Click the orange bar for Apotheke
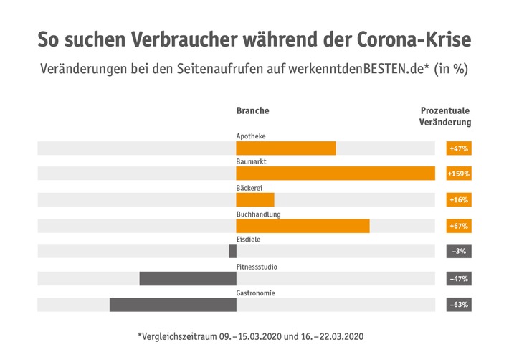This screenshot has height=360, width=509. click(286, 148)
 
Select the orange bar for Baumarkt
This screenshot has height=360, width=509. click(336, 174)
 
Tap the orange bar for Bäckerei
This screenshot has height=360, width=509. click(255, 199)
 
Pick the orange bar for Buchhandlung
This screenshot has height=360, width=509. click(303, 226)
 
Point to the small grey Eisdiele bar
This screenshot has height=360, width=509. click(232, 252)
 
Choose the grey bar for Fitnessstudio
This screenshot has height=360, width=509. click(188, 278)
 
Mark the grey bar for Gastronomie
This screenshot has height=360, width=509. click(173, 305)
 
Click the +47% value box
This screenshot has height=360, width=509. click(459, 148)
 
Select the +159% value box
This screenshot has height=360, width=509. click(459, 174)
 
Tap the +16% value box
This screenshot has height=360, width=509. click(459, 199)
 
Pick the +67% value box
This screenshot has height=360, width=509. click(459, 226)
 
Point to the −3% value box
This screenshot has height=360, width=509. click(459, 252)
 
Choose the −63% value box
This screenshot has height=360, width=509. click(459, 305)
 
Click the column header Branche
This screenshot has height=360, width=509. click(253, 111)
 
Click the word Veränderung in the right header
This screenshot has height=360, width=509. click(445, 123)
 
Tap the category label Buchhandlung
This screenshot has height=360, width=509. click(258, 214)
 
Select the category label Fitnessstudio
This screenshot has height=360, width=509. click(257, 267)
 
